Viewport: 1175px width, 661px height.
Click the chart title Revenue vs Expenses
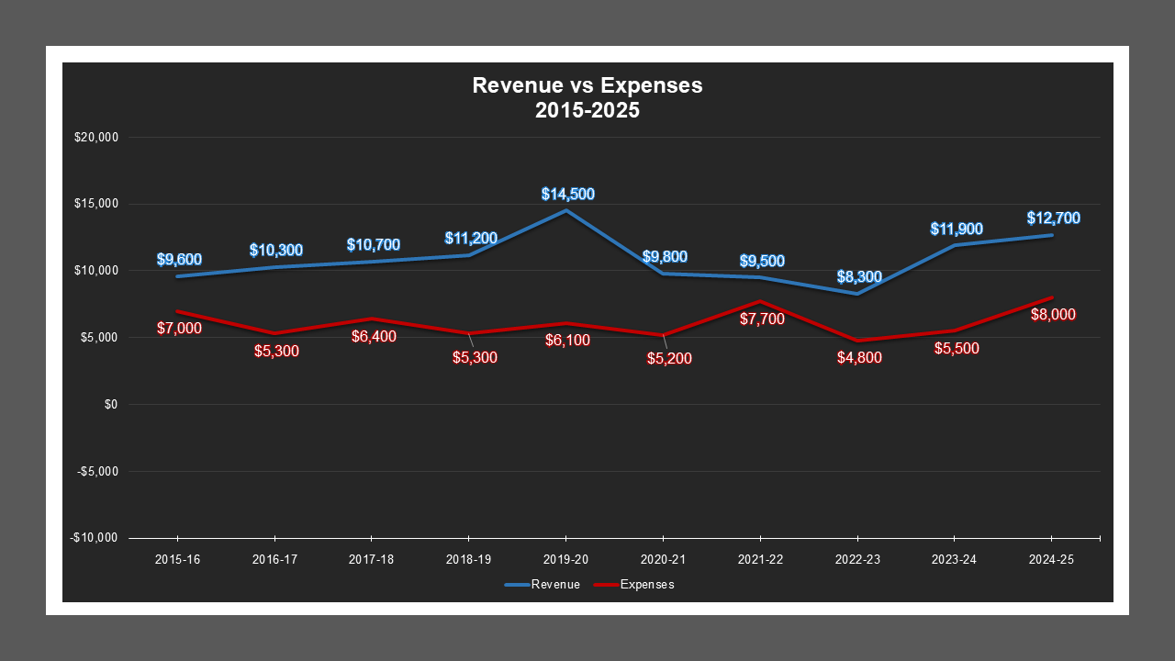[x=587, y=85]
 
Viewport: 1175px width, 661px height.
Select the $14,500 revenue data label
[x=567, y=194]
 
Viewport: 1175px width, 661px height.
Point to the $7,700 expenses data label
[x=762, y=319]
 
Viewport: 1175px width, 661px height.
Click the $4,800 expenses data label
[x=860, y=358]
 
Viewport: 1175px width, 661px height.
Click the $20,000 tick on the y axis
[x=97, y=138]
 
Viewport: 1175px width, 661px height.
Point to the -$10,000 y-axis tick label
[x=95, y=538]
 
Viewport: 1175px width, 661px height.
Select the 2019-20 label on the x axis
[x=565, y=559]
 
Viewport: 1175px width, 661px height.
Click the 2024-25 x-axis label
[x=1051, y=559]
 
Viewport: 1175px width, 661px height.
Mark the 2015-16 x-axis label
[x=177, y=559]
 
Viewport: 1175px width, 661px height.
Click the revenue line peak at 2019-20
[x=565, y=211]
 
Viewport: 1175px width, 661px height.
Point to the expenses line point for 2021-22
[x=760, y=301]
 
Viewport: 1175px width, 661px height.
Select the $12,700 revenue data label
[x=1054, y=218]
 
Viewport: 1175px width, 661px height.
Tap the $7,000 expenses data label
[x=179, y=328]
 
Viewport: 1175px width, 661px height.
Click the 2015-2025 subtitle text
[x=587, y=110]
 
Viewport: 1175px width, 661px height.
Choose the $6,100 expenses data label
[x=567, y=341]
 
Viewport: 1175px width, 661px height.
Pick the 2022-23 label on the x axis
[x=857, y=559]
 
